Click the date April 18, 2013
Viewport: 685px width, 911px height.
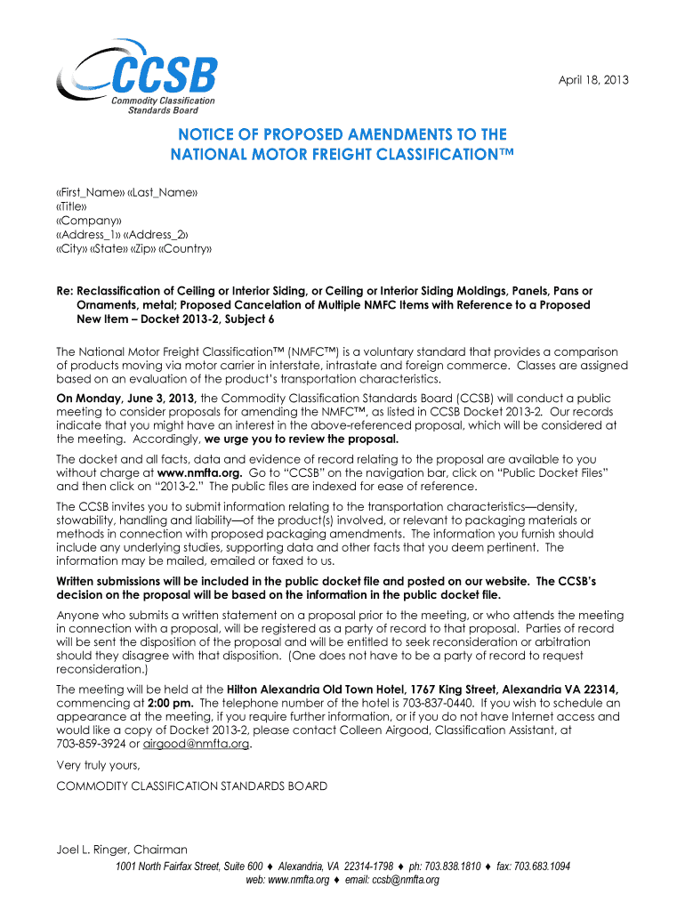(x=593, y=80)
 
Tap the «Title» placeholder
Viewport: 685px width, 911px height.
(x=72, y=206)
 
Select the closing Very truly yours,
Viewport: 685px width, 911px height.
(x=98, y=765)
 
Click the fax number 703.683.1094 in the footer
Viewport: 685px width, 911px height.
(x=539, y=866)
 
